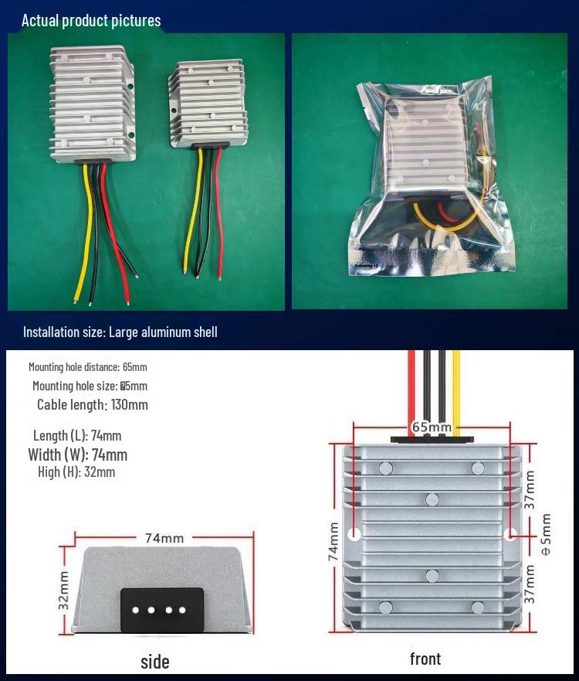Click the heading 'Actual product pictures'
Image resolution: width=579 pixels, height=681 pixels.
(91, 20)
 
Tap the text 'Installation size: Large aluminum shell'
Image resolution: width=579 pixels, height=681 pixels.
(120, 332)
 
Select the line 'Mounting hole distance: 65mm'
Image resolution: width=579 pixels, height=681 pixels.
(87, 367)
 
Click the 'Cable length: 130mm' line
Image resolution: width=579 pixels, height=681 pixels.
(92, 404)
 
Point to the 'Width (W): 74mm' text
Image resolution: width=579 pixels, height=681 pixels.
(77, 455)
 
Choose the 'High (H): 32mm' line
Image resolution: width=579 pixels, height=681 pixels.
(76, 472)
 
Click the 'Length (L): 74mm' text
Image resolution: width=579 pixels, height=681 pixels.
(77, 436)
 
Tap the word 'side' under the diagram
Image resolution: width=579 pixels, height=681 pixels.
(154, 662)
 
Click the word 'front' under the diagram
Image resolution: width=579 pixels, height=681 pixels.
(425, 659)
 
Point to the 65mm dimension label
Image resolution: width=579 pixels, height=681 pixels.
(431, 427)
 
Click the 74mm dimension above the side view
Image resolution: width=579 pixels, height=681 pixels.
(164, 537)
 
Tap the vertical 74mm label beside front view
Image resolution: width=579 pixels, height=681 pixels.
(334, 540)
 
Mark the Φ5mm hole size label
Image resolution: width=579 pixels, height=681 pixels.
(546, 534)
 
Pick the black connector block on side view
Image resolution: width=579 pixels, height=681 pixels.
(162, 610)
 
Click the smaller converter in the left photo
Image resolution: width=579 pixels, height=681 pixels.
(206, 104)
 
